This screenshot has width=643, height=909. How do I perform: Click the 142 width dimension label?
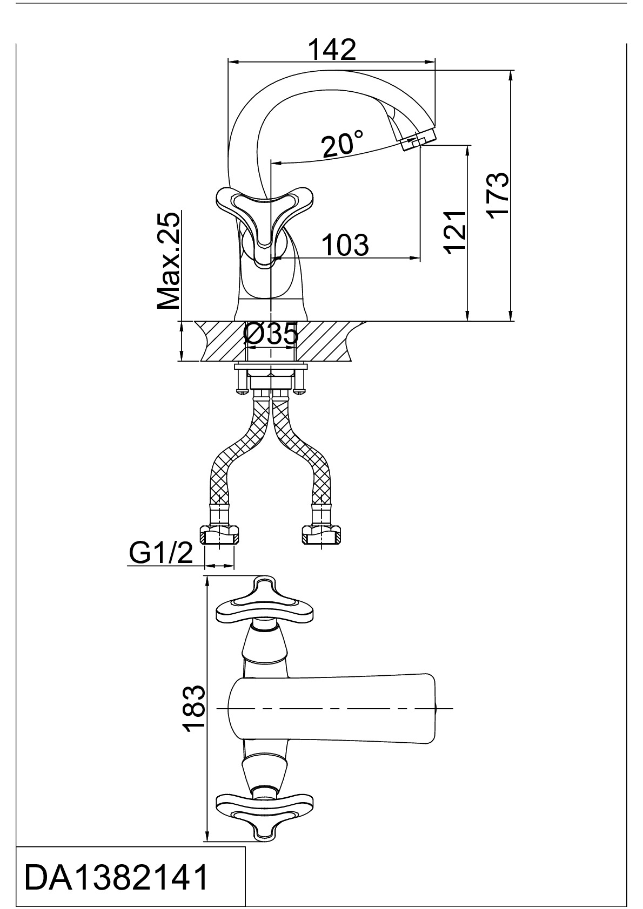click(x=332, y=50)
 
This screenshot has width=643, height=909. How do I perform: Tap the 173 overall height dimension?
click(x=497, y=195)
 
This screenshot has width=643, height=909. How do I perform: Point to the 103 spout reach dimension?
click(x=345, y=245)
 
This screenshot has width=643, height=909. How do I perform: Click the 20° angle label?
click(x=342, y=144)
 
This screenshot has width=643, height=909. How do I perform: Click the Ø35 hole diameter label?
click(x=270, y=335)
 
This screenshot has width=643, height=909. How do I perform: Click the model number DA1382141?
click(x=117, y=877)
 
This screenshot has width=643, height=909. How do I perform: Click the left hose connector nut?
click(x=219, y=535)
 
